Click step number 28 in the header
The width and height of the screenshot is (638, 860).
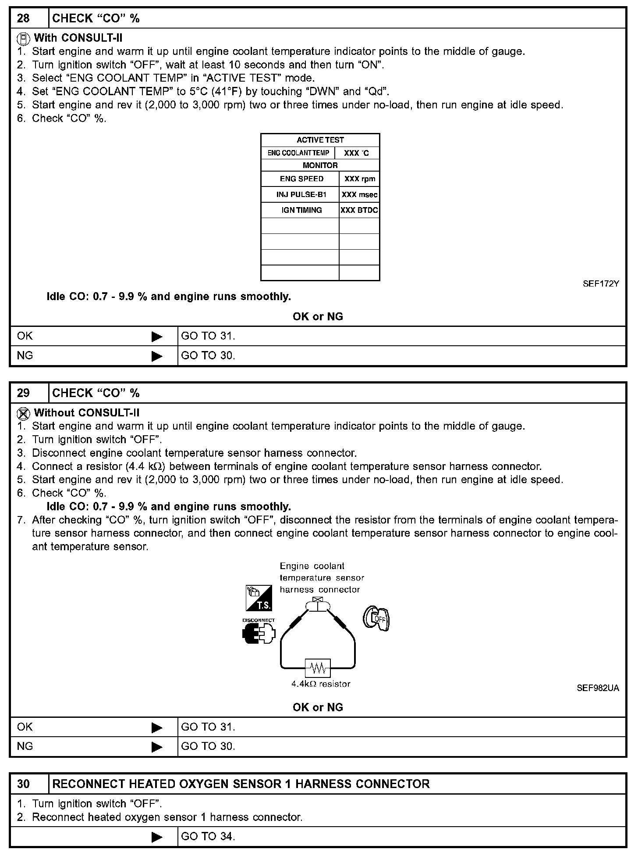24,18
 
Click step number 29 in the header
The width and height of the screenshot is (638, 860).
24,393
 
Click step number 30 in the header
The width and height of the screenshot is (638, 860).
24,784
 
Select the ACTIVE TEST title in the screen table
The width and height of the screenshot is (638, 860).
320,140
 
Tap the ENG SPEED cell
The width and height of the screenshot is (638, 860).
301,179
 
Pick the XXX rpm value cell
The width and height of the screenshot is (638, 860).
360,179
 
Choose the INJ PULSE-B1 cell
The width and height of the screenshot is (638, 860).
301,194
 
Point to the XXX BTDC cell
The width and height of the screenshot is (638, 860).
359,210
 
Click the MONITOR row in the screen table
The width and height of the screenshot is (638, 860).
320,165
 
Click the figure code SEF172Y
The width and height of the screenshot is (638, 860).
601,283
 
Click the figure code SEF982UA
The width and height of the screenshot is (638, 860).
598,688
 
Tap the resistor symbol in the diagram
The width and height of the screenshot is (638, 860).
318,668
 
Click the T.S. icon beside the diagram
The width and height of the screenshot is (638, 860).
259,598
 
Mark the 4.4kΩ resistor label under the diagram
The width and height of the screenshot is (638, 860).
321,684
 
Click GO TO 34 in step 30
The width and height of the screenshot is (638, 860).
208,836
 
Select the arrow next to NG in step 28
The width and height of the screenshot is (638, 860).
157,356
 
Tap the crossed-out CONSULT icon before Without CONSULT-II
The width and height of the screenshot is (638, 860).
23,413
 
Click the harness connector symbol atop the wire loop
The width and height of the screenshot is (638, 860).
317,605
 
